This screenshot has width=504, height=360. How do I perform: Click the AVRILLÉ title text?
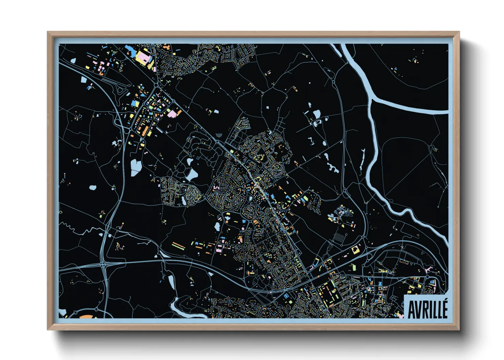coord(427,309)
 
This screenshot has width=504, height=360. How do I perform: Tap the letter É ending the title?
coord(444,308)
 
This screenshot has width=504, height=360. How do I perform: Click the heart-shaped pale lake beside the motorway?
coord(136,167)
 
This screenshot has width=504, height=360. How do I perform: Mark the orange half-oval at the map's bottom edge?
coord(85,317)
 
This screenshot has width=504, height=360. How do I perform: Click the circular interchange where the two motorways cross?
coord(103,263)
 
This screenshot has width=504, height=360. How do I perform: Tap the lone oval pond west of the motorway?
coord(93,187)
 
